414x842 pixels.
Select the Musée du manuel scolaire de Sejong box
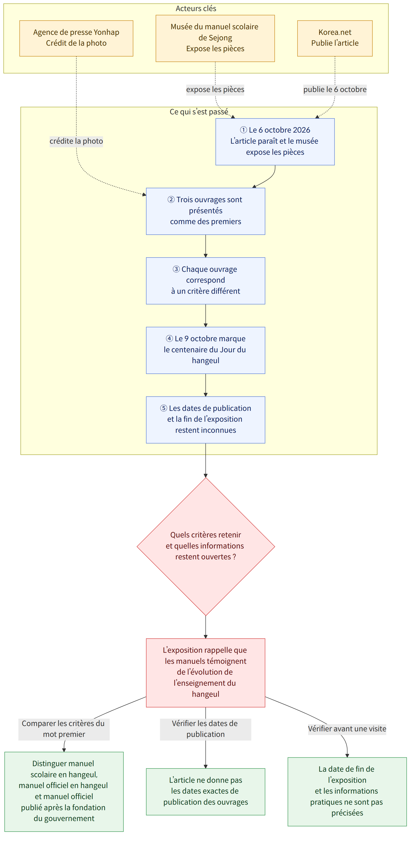coord(215,38)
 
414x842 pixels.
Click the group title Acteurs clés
coord(196,9)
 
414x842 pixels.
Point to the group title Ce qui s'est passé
coord(199,112)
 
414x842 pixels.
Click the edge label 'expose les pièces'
coord(215,89)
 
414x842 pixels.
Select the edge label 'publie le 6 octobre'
coord(335,89)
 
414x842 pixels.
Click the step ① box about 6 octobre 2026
coord(275,142)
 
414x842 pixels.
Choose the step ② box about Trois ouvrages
coord(205,211)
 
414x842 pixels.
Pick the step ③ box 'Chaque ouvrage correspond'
coord(205,281)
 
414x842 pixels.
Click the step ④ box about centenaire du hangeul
coord(205,350)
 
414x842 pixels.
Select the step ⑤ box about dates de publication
coord(205,420)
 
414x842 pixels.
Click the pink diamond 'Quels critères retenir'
coord(206,546)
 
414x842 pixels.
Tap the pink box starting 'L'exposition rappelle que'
coord(205,673)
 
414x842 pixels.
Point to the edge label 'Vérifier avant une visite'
coord(347,729)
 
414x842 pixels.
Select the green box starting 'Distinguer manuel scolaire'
coord(64,791)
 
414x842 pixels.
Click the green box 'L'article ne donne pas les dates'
coord(205,791)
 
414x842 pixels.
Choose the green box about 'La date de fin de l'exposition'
coord(347,791)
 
